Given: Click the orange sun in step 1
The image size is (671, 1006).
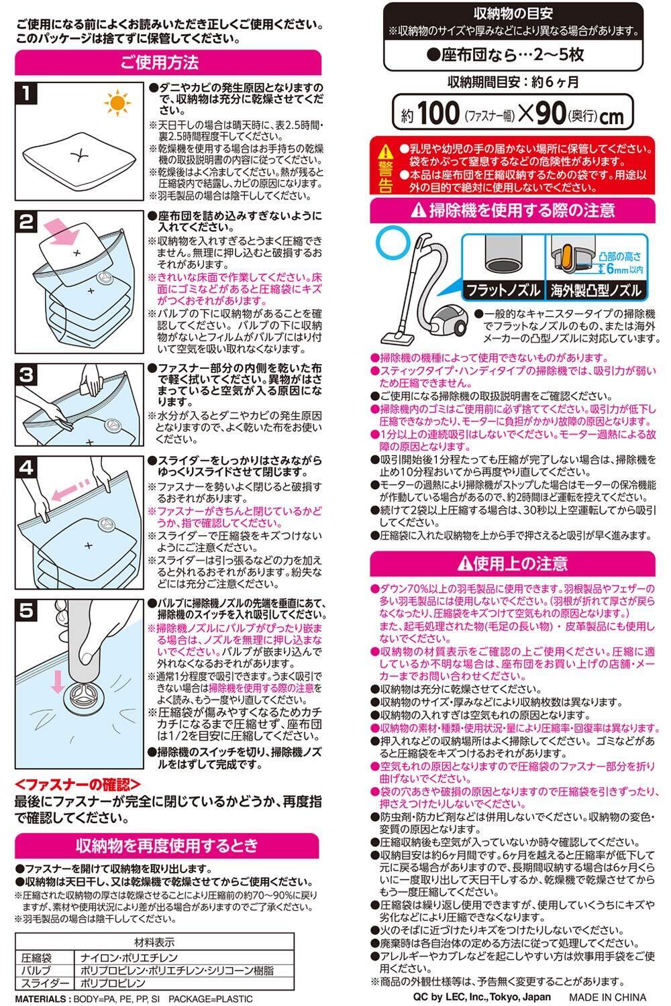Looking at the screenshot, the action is (117, 103).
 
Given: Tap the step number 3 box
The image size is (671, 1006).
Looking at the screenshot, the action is (26, 374).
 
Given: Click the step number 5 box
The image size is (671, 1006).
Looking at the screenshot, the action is (26, 610).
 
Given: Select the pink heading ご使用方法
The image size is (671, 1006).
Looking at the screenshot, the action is (159, 62).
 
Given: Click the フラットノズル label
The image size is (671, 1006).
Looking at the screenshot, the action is (503, 290).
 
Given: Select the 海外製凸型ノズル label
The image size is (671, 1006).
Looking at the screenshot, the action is (596, 291).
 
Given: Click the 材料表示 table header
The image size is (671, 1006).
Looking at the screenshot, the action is (154, 942).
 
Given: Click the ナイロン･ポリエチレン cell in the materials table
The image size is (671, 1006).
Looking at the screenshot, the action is (129, 958).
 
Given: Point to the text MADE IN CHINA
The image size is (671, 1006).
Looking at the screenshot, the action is (607, 997).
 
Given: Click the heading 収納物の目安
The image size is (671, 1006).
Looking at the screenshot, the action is (513, 14).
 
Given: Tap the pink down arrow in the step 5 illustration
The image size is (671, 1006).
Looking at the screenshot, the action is (58, 682).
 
